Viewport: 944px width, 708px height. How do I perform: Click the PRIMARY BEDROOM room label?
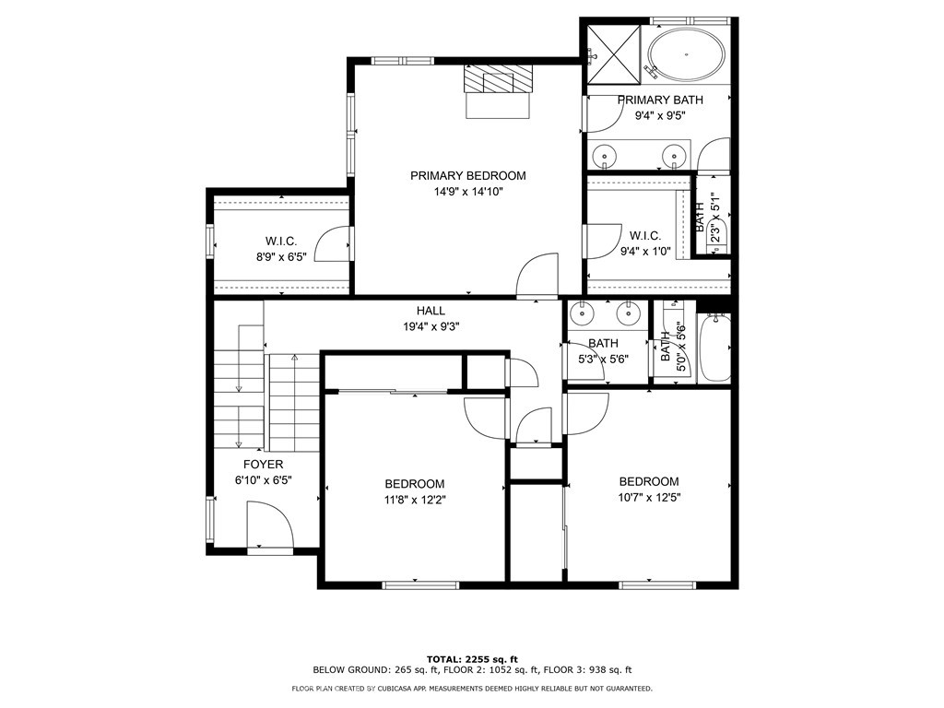(x=467, y=175)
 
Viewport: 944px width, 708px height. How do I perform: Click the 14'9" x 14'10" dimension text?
(x=467, y=192)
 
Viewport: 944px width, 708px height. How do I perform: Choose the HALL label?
(x=431, y=311)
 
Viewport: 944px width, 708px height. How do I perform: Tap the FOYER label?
(x=263, y=465)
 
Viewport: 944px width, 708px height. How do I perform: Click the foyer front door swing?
(x=271, y=526)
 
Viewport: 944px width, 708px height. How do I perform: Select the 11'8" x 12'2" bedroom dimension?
(x=414, y=500)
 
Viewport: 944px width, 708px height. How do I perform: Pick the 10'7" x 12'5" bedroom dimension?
(x=649, y=497)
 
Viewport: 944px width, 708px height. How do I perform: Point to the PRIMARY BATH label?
(x=660, y=100)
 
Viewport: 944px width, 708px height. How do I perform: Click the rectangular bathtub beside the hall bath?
(x=714, y=348)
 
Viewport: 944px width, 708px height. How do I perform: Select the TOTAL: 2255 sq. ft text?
(x=472, y=658)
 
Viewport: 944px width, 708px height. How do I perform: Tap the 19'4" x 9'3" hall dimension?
(x=431, y=325)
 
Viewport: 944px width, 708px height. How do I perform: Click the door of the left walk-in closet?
(x=333, y=244)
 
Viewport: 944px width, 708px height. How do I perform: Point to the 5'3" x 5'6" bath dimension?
(x=603, y=359)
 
